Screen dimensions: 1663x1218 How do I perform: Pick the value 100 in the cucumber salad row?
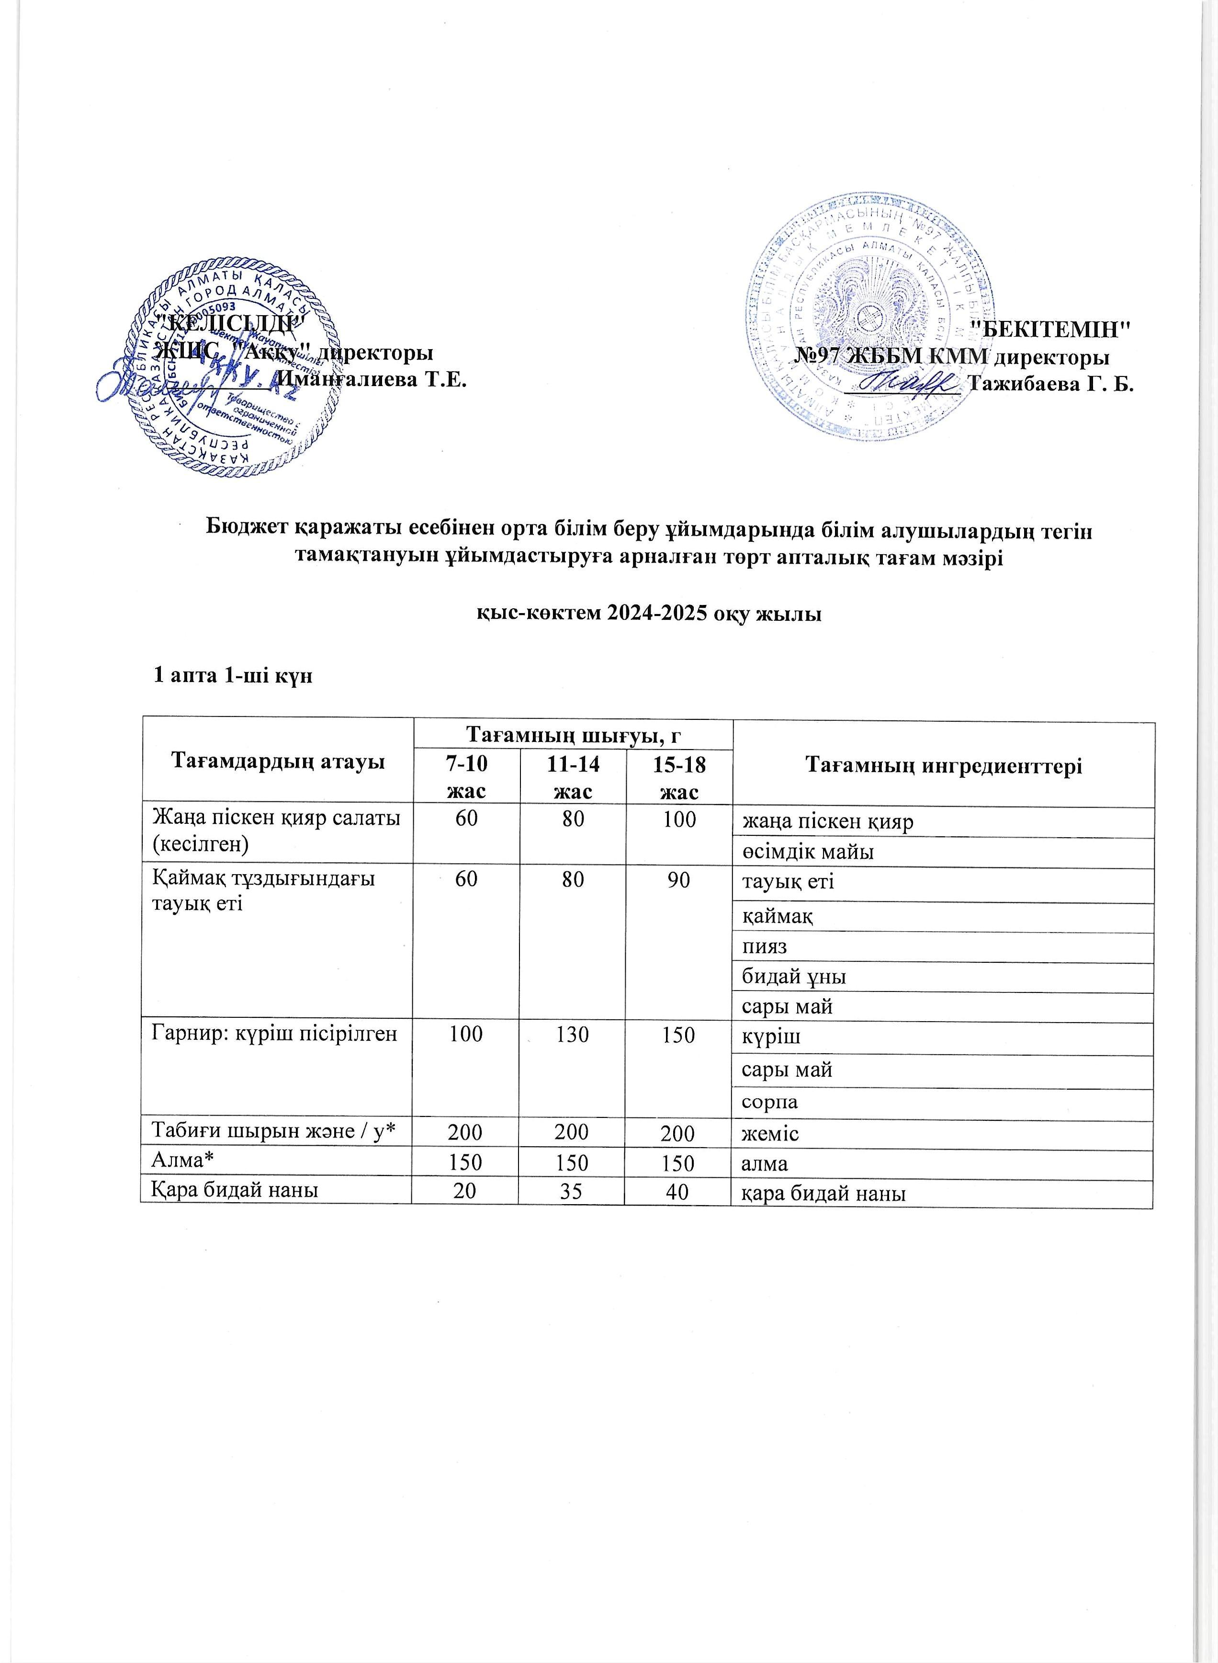pyautogui.click(x=679, y=820)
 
